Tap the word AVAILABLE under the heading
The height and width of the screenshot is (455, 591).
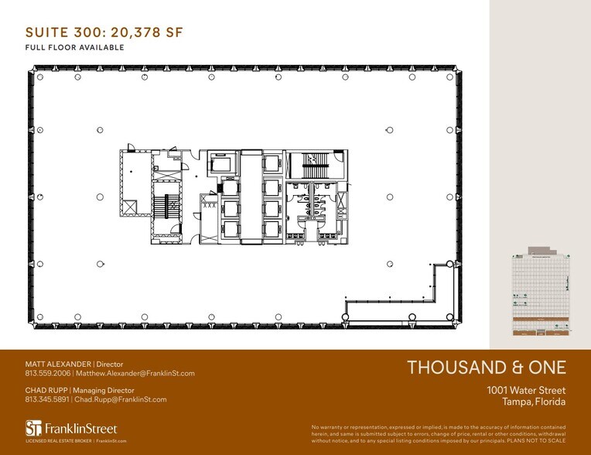pos(101,47)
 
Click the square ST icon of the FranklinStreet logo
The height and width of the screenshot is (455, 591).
pos(32,429)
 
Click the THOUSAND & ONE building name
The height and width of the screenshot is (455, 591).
pos(487,368)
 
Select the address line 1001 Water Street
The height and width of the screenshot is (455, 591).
pos(525,390)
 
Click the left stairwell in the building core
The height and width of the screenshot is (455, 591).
pos(162,205)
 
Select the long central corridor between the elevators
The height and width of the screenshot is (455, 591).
pos(251,197)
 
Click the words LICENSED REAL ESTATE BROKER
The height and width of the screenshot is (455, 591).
pos(58,440)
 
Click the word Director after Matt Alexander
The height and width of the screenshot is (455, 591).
pos(108,364)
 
